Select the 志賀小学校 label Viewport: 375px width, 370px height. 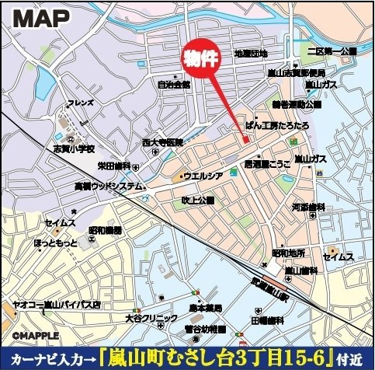pos(75,148)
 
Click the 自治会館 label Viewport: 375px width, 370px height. pos(174,84)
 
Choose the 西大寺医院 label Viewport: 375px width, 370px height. pos(164,143)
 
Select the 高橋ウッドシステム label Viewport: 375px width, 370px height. pos(109,187)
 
